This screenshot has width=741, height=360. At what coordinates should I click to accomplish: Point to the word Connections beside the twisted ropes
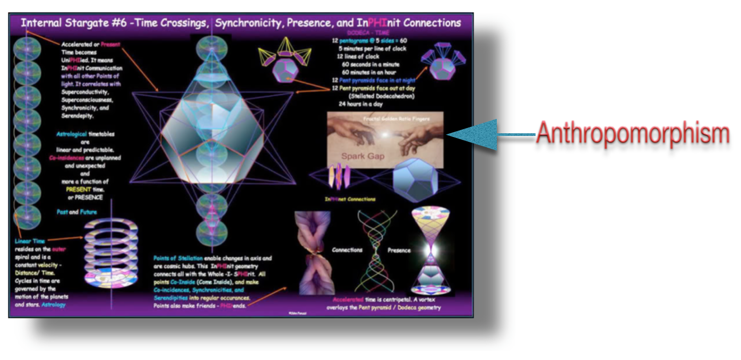click(x=347, y=250)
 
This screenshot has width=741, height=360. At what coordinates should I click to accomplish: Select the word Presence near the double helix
click(x=399, y=250)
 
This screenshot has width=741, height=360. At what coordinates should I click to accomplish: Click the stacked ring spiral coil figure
click(x=111, y=253)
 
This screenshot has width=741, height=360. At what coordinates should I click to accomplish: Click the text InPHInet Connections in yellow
click(x=350, y=200)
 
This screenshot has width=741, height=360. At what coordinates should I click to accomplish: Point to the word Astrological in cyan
click(x=74, y=135)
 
